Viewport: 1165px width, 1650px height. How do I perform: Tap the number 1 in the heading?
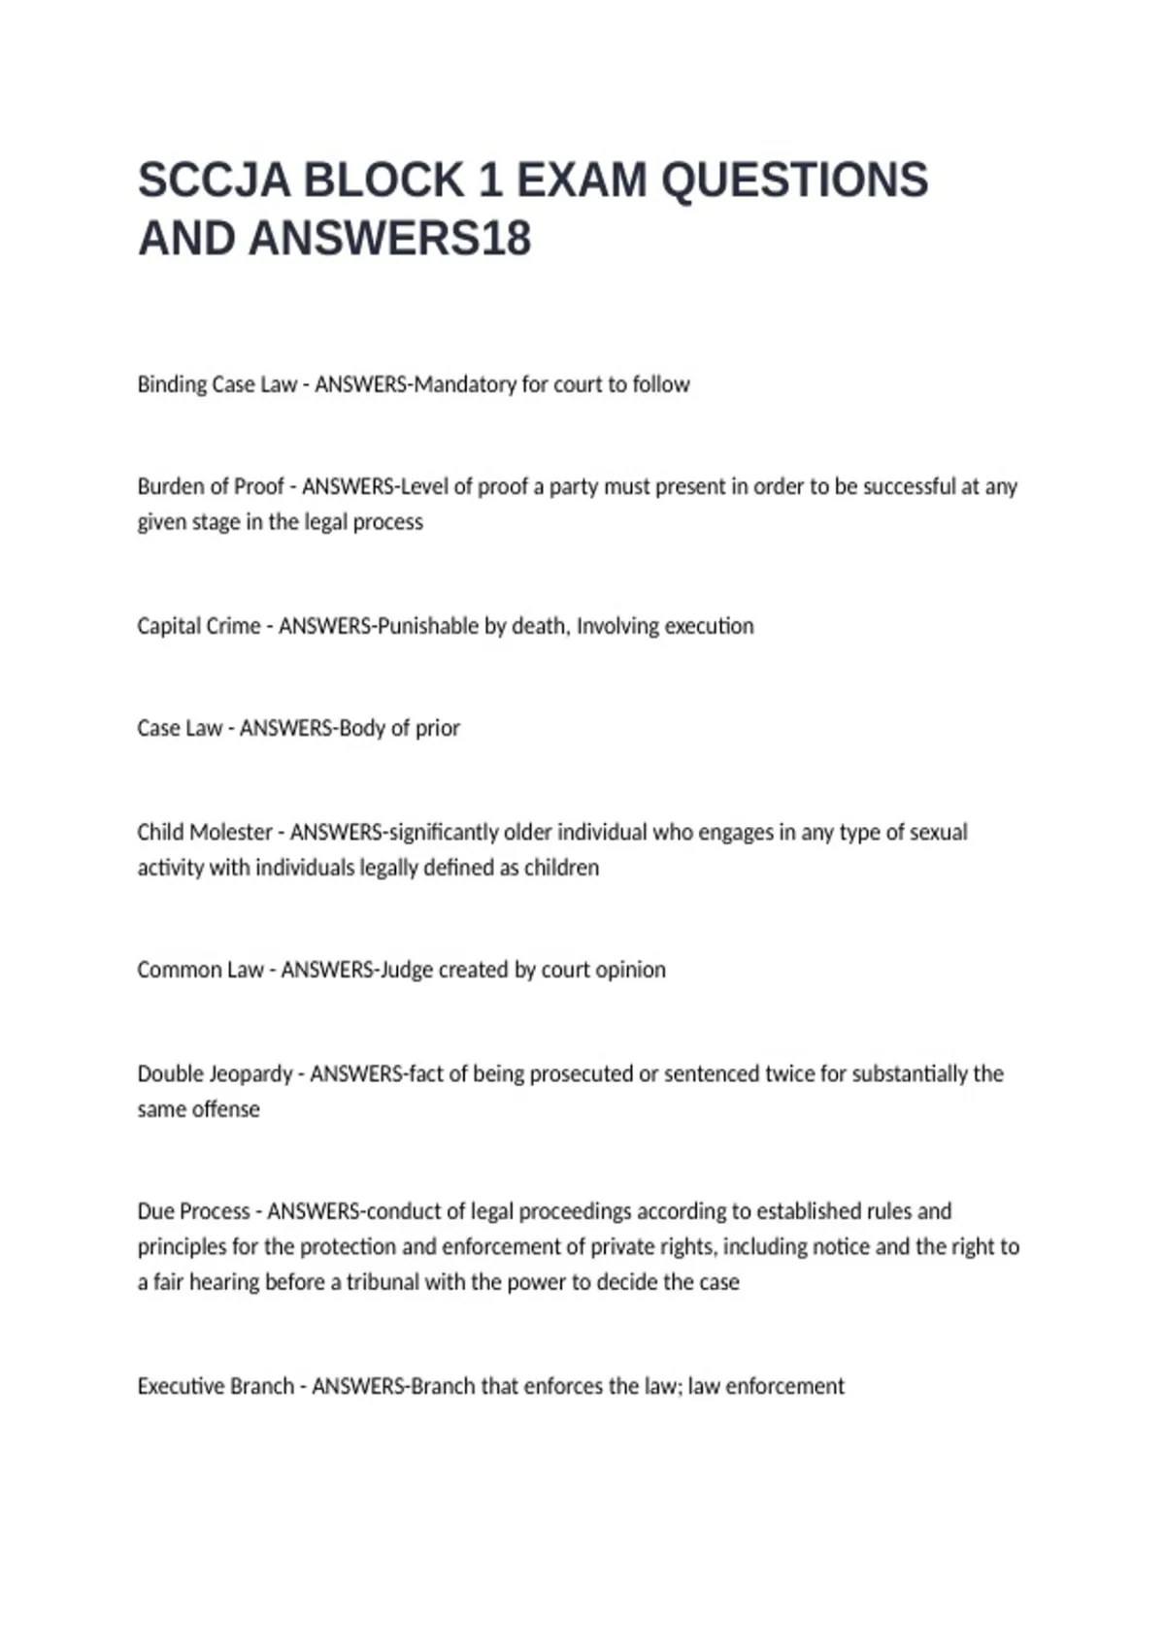pos(488,181)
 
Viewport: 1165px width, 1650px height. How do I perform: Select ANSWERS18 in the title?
pos(390,239)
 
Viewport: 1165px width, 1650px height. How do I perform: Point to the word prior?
pos(438,728)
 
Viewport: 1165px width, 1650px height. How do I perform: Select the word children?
pos(562,867)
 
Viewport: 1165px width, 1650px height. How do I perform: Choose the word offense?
pos(227,1108)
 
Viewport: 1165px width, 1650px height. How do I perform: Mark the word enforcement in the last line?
pos(785,1386)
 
